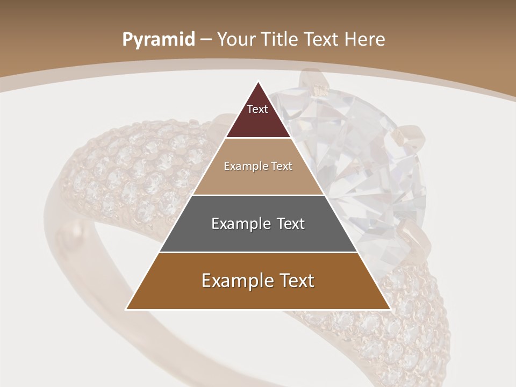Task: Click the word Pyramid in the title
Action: tap(159, 39)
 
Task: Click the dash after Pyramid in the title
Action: tap(206, 40)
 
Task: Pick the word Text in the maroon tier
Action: tap(257, 109)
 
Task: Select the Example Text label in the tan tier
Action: tap(258, 166)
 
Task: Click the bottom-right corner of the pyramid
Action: tap(390, 309)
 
